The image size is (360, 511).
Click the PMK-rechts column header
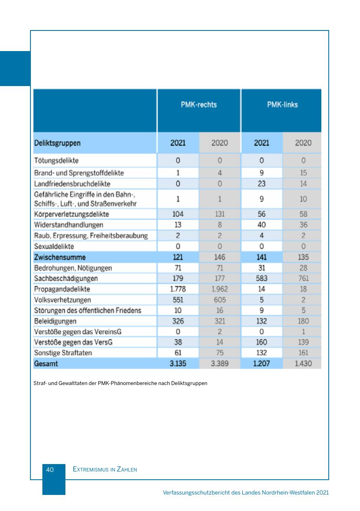click(198, 105)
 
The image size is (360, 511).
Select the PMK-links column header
click(282, 105)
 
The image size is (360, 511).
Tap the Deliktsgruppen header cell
click(57, 143)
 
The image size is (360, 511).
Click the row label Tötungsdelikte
click(56, 160)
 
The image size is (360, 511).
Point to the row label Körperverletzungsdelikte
click(71, 214)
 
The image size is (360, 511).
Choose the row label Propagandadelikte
click(62, 289)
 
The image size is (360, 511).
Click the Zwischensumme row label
click(60, 257)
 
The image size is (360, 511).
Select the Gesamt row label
click(46, 364)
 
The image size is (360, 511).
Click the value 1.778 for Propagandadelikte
click(178, 289)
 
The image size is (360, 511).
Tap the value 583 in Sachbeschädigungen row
click(261, 278)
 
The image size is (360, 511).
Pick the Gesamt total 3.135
click(178, 364)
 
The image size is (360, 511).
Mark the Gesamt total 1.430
click(303, 364)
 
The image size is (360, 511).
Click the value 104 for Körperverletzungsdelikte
click(178, 214)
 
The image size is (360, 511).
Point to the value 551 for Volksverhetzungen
click(178, 300)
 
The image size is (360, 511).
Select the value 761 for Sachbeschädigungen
click(303, 278)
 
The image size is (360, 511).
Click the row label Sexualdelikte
click(54, 247)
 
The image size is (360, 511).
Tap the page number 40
click(50, 469)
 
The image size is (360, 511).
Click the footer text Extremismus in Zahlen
click(105, 469)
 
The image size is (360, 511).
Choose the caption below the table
click(120, 383)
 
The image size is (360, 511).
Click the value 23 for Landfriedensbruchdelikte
click(261, 184)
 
